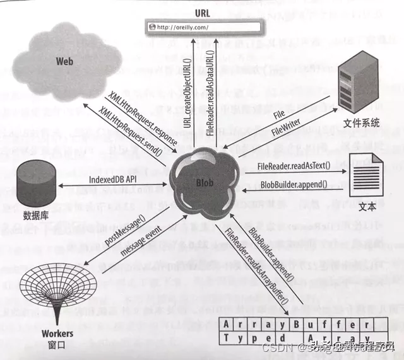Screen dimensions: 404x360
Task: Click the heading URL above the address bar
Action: coord(203,13)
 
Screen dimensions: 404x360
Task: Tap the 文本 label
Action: coord(367,206)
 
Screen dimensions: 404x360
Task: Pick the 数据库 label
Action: coord(35,215)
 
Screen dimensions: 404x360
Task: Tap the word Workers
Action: coord(56,333)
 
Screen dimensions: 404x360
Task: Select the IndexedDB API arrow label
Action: coord(113,178)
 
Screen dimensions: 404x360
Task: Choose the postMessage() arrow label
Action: coord(124,233)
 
